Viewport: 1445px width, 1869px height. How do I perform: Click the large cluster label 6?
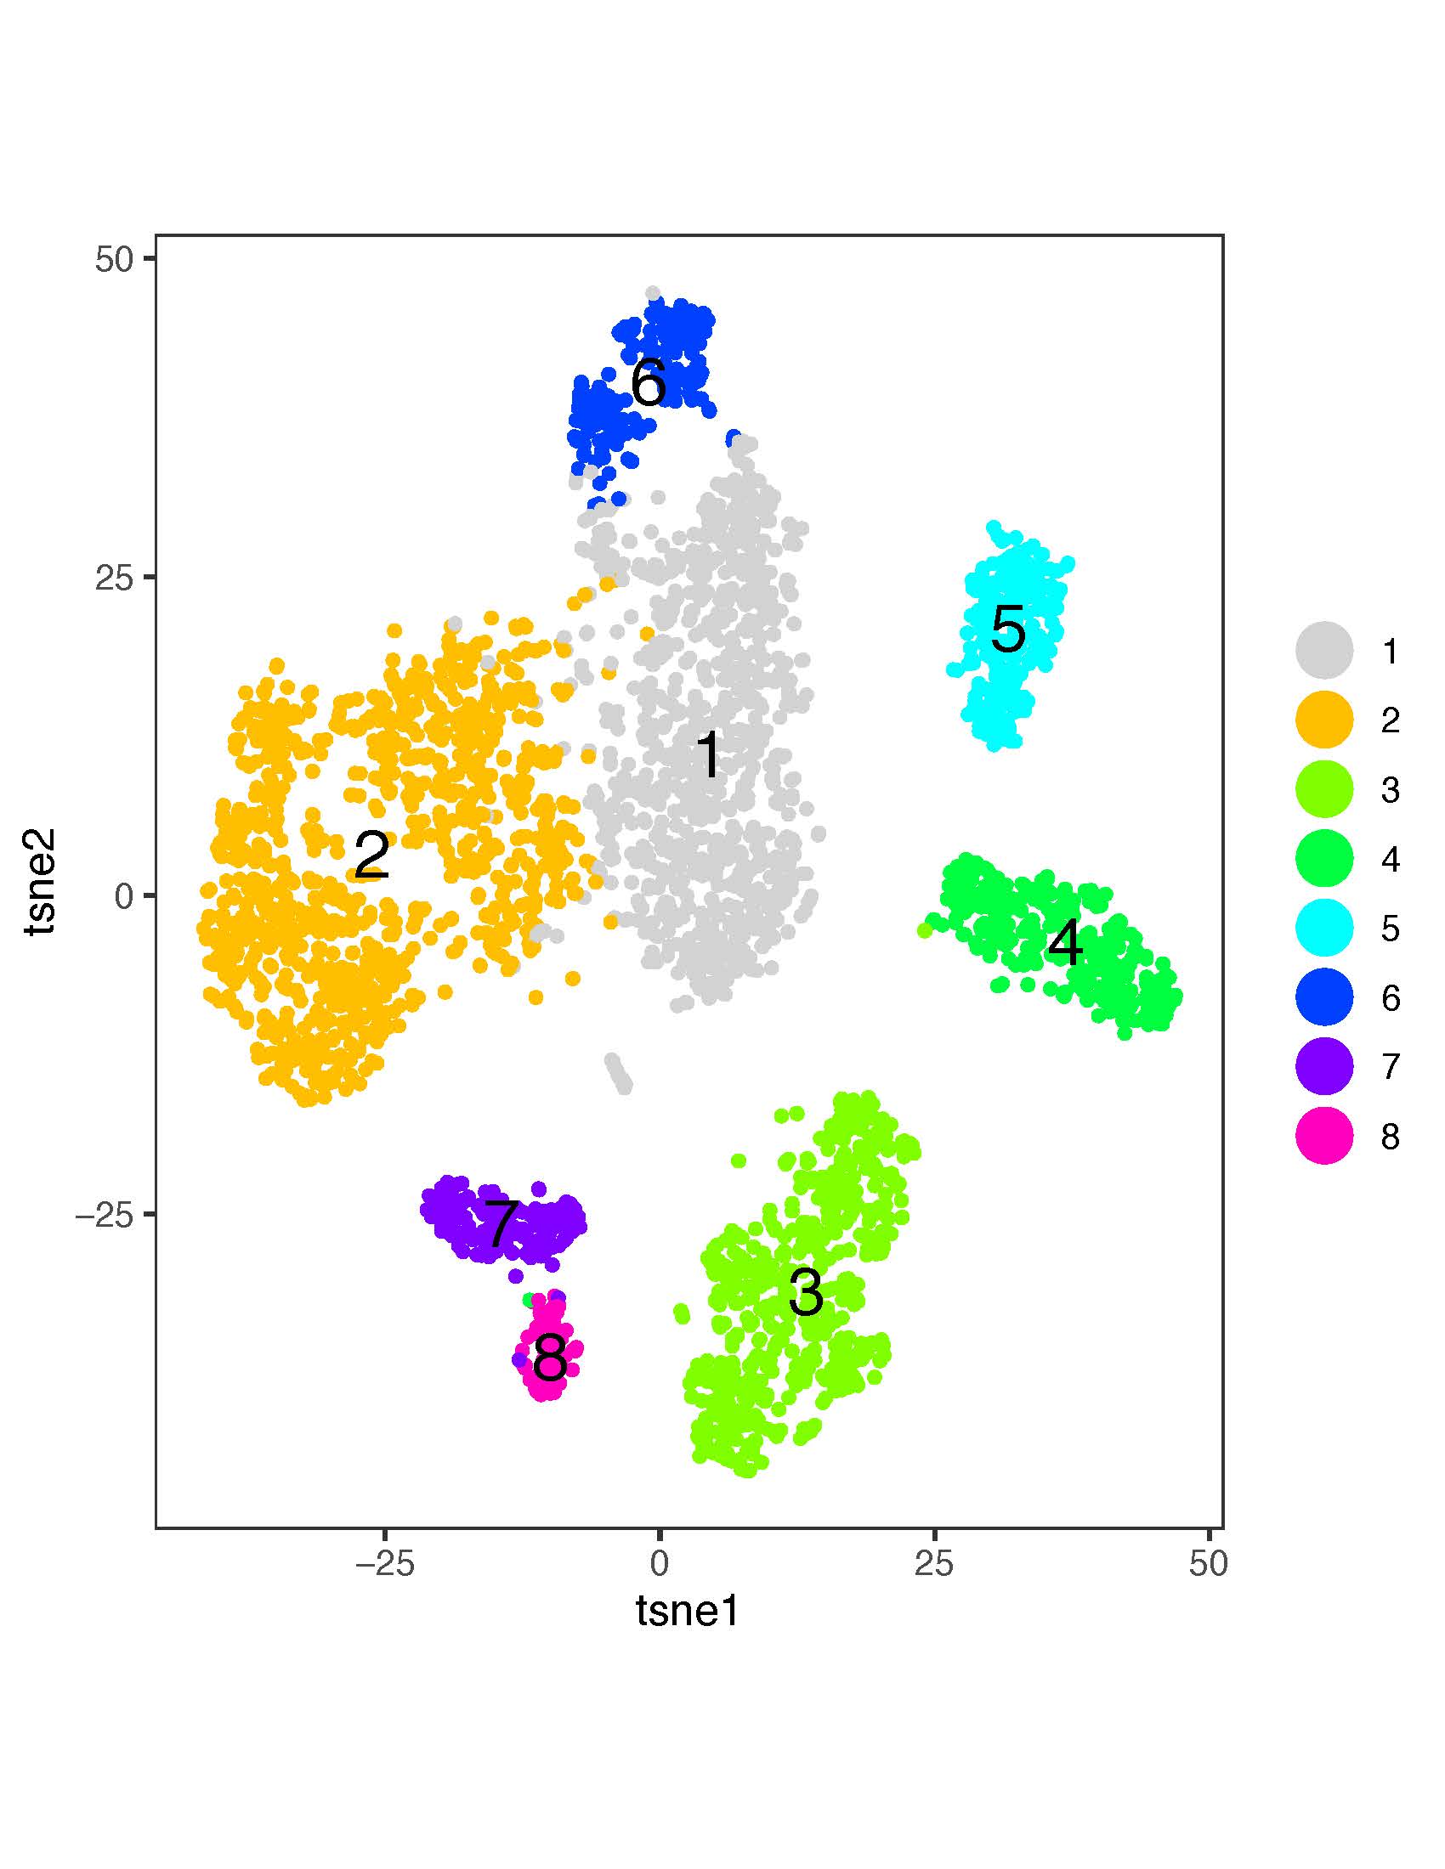[x=648, y=381]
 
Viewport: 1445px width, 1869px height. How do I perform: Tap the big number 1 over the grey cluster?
[x=709, y=754]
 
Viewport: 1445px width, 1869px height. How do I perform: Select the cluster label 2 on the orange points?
[x=371, y=855]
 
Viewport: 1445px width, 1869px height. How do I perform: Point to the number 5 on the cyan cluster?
[x=1007, y=630]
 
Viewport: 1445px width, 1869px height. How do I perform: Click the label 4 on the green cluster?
[x=1065, y=944]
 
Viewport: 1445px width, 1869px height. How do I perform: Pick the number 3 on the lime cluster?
[x=806, y=1293]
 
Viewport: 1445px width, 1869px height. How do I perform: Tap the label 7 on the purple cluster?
[x=501, y=1225]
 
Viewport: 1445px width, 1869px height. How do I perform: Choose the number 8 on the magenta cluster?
[x=550, y=1358]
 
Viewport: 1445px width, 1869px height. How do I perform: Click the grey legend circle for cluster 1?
[x=1323, y=652]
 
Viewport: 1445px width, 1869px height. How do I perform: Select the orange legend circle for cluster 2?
[x=1323, y=720]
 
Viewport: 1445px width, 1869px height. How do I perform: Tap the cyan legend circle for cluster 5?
[x=1323, y=928]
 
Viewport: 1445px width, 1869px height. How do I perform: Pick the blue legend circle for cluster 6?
[x=1323, y=997]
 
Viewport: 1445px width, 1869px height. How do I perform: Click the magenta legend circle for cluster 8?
[x=1323, y=1136]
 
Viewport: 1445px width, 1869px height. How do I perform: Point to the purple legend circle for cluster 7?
[x=1323, y=1066]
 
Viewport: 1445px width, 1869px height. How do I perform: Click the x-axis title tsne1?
[x=688, y=1612]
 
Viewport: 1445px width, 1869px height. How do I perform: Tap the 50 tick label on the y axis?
[x=114, y=260]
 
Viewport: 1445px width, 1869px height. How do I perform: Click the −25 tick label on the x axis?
[x=384, y=1563]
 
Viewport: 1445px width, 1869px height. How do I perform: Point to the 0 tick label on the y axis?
[x=124, y=897]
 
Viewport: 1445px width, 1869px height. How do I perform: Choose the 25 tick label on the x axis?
[x=934, y=1563]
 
